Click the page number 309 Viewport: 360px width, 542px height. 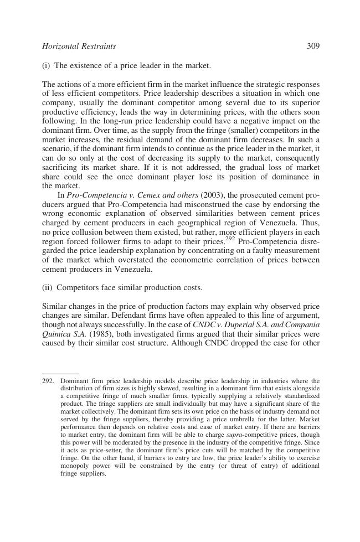[313, 46]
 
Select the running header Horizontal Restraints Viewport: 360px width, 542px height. [79, 46]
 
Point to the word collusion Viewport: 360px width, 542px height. [81, 233]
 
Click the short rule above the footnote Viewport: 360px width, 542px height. [60, 374]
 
